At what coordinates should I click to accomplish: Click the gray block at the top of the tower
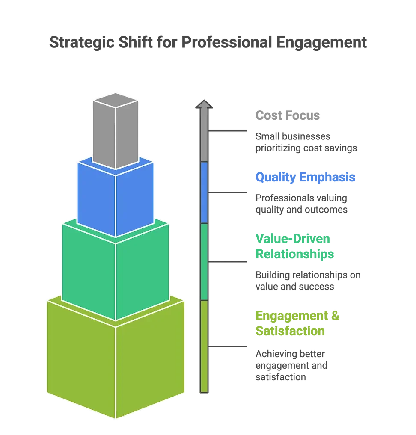pyautogui.click(x=116, y=133)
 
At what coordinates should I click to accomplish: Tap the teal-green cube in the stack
pyautogui.click(x=115, y=272)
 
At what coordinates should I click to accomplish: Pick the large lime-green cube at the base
pyautogui.click(x=115, y=359)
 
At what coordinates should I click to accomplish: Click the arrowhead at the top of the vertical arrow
pyautogui.click(x=204, y=104)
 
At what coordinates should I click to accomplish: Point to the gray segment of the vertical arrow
pyautogui.click(x=204, y=137)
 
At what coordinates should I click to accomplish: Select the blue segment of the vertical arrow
pyautogui.click(x=204, y=192)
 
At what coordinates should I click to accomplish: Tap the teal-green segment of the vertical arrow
pyautogui.click(x=204, y=261)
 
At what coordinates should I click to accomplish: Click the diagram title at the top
pyautogui.click(x=208, y=44)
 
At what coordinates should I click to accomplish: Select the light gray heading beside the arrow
pyautogui.click(x=287, y=115)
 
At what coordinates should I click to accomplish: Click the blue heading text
pyautogui.click(x=304, y=177)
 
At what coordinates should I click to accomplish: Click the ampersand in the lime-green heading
pyautogui.click(x=336, y=316)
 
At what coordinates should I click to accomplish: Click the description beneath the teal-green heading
pyautogui.click(x=307, y=279)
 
